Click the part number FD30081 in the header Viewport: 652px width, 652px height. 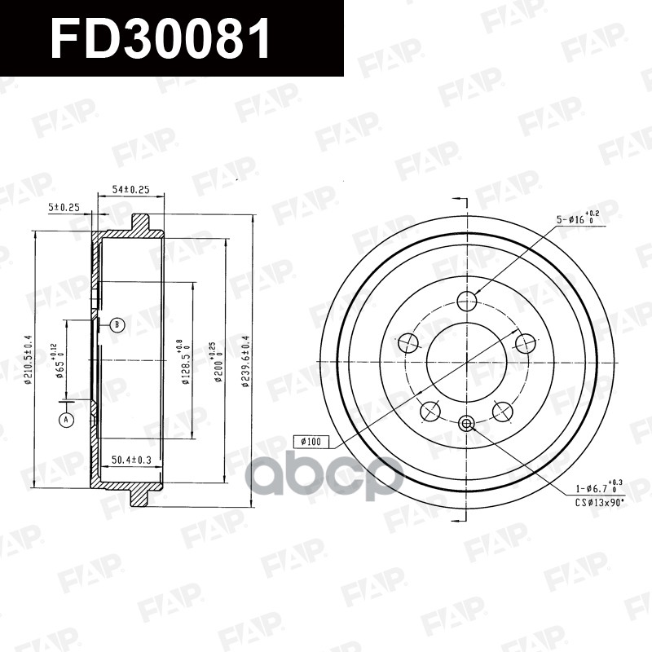pos(161,38)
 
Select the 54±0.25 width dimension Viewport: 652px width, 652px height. pos(130,189)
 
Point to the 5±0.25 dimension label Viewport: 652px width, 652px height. pos(64,208)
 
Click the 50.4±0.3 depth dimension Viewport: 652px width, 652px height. pos(130,461)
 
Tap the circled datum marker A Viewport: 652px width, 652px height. pos(65,421)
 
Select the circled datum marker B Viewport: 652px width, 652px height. pos(117,325)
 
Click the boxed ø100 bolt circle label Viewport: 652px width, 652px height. pos(311,442)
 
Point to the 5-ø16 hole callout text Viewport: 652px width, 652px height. pos(575,219)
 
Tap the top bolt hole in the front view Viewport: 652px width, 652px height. pos(467,302)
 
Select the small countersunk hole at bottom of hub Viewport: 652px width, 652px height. pos(466,422)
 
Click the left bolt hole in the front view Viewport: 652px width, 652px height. pos(407,344)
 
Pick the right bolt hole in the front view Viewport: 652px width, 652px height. pos(525,344)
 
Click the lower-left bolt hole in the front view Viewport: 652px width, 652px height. pos(430,412)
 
